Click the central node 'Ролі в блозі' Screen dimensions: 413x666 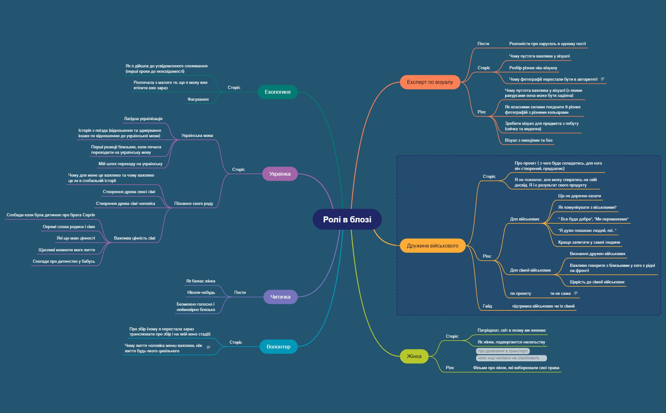click(347, 219)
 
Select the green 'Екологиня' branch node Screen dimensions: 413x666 click(277, 92)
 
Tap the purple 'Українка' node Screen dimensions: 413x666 click(280, 174)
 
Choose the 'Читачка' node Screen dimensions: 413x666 click(280, 297)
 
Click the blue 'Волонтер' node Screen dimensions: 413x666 click(278, 347)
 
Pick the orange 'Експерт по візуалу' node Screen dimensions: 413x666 click(430, 82)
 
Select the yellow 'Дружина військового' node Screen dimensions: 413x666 click(432, 246)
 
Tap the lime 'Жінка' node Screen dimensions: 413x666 click(414, 356)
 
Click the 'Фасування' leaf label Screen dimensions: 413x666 click(198, 99)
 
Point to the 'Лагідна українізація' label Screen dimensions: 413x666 click(143, 118)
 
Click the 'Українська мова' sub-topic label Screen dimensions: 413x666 click(197, 135)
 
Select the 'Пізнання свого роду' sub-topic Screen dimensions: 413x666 click(193, 203)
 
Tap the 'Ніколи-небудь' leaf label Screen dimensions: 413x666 click(201, 292)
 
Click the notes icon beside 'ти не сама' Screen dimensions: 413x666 click(576, 293)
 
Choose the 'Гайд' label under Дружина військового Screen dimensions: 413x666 click(487, 306)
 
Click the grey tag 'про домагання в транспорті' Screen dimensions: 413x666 click(503, 351)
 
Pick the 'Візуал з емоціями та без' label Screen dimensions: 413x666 click(529, 140)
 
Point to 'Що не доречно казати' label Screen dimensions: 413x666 click(579, 196)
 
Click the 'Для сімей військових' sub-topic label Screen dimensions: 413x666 click(530, 270)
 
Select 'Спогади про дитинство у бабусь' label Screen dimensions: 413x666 click(64, 261)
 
